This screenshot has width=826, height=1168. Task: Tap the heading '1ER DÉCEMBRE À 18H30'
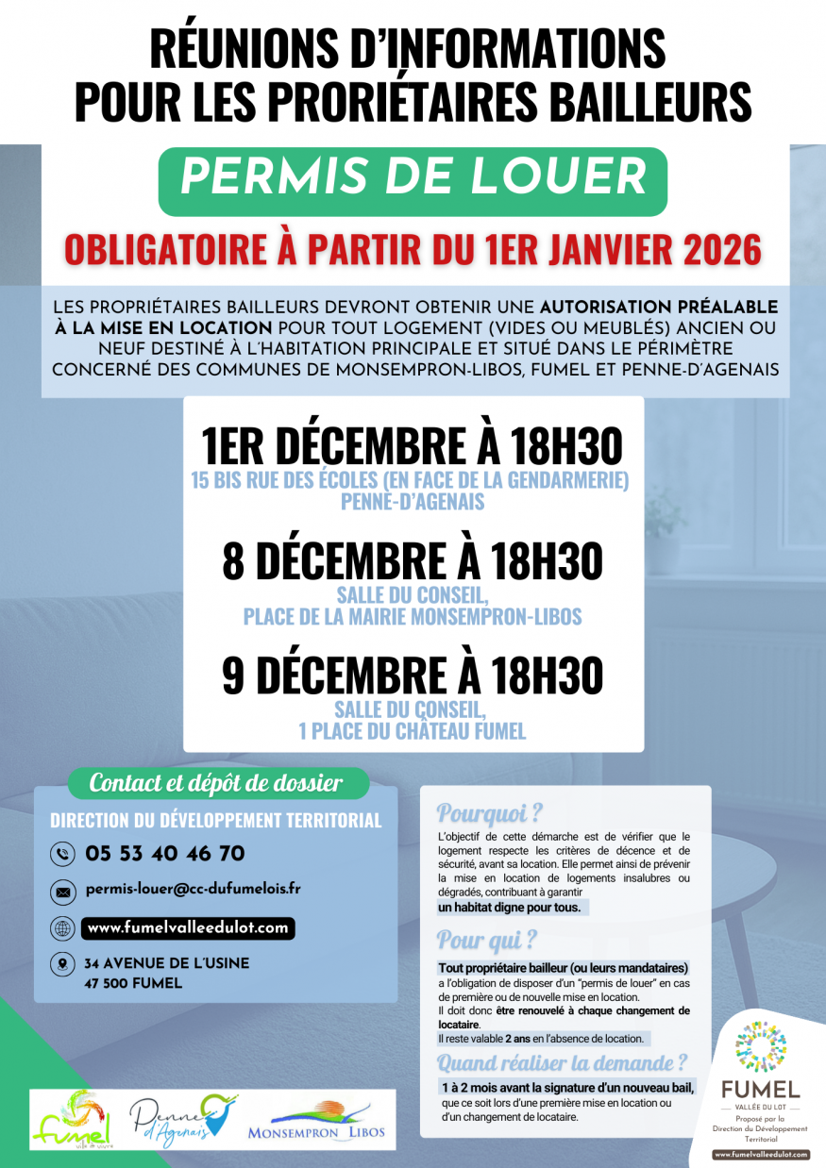pos(413,445)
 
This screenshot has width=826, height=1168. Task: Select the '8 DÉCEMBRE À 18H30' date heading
pos(413,561)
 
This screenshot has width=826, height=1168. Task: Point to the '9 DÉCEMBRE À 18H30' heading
pos(413,676)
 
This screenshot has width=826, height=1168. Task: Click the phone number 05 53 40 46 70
pos(165,854)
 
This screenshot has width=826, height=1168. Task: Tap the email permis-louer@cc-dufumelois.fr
pos(193,889)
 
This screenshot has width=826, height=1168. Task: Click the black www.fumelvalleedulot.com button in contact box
pos(188,928)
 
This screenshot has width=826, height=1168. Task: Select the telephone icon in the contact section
pos(62,855)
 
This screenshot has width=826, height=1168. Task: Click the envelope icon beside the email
pos(62,891)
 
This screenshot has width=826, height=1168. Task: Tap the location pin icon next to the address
pos(62,964)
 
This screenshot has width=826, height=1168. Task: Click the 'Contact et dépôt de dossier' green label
pos(215,783)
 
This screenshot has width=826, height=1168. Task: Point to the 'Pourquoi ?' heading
pos(490,813)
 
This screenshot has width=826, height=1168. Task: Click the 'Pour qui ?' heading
pos(487,940)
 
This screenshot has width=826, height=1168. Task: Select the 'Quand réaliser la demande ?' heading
pos(563,1063)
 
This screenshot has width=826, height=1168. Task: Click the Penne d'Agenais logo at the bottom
pos(183,1118)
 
